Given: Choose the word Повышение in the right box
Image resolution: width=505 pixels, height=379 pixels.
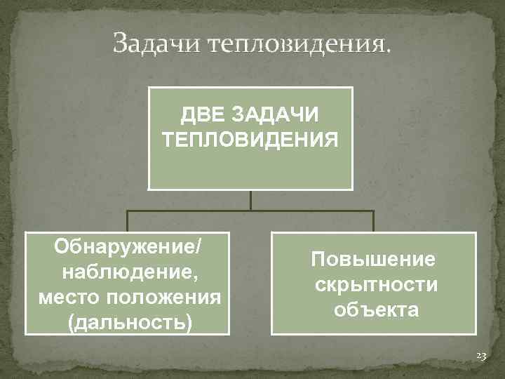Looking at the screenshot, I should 373,259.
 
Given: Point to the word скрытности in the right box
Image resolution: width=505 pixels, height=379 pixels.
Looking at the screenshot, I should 376,284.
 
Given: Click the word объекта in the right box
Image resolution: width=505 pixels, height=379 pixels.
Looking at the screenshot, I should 376,310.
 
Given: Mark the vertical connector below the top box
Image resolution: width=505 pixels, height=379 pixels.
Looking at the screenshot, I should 250,201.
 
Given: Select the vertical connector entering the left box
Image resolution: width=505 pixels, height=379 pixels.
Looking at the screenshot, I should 127,222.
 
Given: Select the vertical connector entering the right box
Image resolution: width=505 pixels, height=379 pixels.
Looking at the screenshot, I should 373,222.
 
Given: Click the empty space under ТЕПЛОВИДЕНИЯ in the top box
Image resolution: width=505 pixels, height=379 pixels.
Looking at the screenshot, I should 250,168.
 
